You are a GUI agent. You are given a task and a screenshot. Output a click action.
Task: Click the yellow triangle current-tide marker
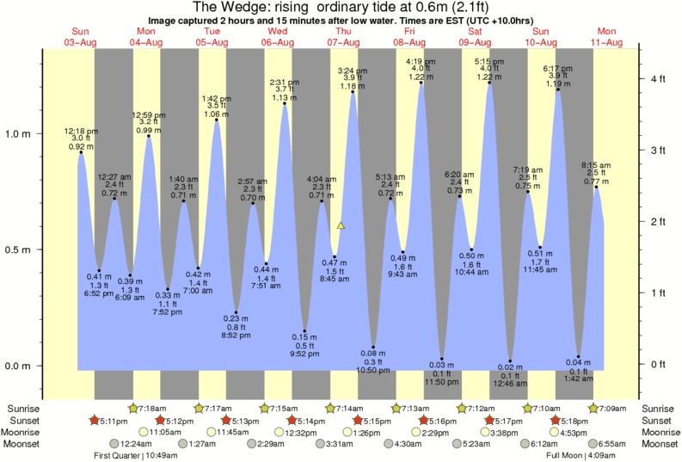pyautogui.click(x=341, y=225)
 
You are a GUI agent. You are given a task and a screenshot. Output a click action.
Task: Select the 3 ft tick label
pyautogui.click(x=658, y=151)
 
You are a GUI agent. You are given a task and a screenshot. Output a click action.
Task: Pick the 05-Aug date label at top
pyautogui.click(x=212, y=42)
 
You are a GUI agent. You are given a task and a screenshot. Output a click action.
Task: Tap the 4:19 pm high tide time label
pyautogui.click(x=421, y=62)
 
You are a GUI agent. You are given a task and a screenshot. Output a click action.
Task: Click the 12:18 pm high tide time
pyautogui.click(x=81, y=131)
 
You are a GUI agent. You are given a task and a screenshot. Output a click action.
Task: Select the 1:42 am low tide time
pyautogui.click(x=579, y=378)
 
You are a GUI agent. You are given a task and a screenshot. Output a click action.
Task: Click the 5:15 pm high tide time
pyautogui.click(x=489, y=62)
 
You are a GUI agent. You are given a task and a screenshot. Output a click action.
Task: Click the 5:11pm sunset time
pyautogui.click(x=112, y=420)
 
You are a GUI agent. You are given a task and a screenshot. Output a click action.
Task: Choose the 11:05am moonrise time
pyautogui.click(x=164, y=432)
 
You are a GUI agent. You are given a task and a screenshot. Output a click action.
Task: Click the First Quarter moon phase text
pyautogui.click(x=120, y=456)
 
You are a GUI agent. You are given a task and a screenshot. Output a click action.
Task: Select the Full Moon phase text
pyautogui.click(x=570, y=456)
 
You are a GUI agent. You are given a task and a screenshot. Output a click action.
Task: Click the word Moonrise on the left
pyautogui.click(x=25, y=432)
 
